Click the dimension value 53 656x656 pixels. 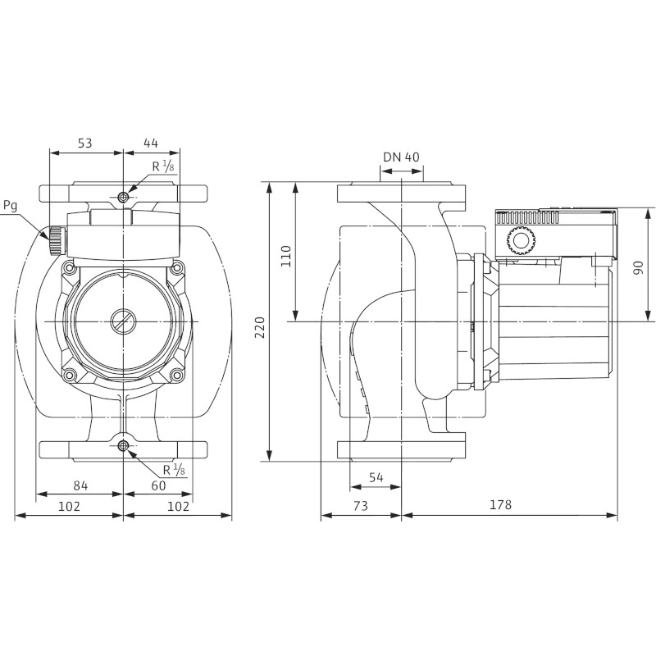coord(84,143)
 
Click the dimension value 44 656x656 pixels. coord(151,143)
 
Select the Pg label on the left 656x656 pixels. coord(10,206)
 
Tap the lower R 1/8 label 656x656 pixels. coord(173,470)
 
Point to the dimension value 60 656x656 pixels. coord(158,485)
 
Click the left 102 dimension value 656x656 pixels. coord(69,506)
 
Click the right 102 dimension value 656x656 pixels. coord(178,506)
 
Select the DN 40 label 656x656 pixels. coord(401,157)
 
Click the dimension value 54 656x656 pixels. coord(376,476)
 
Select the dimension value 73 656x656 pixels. coord(361,506)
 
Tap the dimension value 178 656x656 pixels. coord(500,506)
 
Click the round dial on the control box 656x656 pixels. coord(520,240)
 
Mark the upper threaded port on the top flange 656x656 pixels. coord(123,197)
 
